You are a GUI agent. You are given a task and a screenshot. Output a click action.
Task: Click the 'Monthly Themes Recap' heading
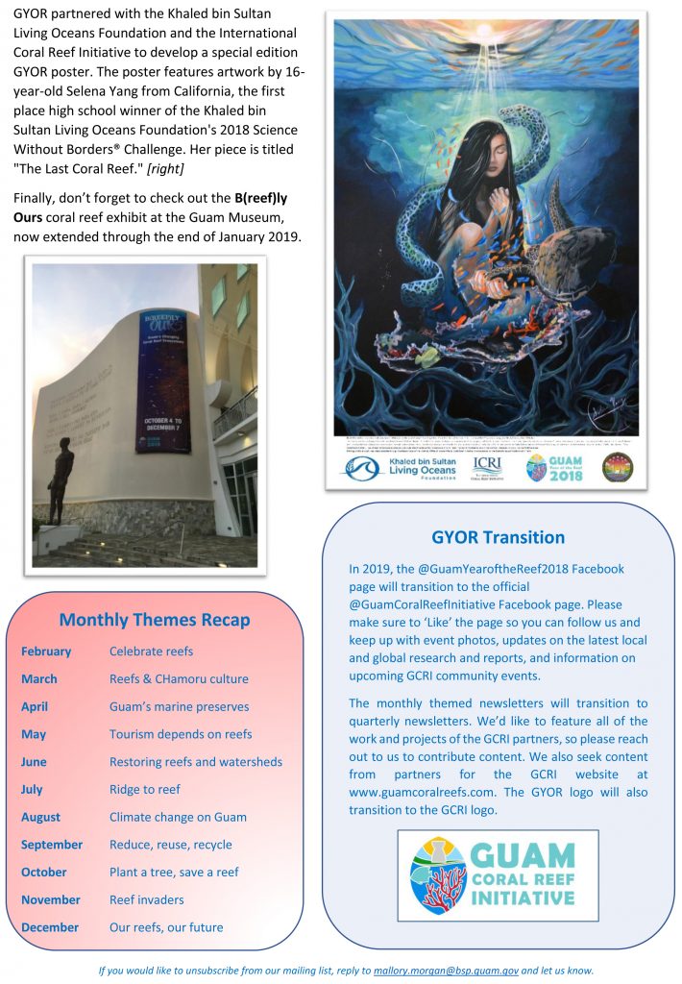pyautogui.click(x=155, y=620)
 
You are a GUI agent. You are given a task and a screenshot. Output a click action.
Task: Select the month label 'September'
pyautogui.click(x=52, y=845)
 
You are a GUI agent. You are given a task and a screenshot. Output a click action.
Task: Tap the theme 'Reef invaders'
pyautogui.click(x=146, y=900)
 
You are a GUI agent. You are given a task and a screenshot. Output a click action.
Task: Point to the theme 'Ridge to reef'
pyautogui.click(x=144, y=789)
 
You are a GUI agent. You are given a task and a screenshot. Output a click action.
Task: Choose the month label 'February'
pyautogui.click(x=46, y=651)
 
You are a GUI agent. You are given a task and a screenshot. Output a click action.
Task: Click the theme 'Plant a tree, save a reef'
pyautogui.click(x=174, y=873)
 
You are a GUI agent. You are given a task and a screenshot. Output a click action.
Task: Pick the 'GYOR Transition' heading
pyautogui.click(x=498, y=537)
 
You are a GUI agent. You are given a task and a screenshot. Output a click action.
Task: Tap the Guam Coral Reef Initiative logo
pyautogui.click(x=498, y=874)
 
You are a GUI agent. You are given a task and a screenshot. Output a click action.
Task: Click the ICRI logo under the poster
pyautogui.click(x=486, y=467)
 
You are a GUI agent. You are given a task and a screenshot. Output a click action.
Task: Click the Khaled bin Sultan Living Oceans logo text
pyautogui.click(x=419, y=468)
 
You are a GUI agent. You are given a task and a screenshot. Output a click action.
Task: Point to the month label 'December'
pyautogui.click(x=50, y=928)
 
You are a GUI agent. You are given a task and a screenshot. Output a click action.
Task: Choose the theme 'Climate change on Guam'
pyautogui.click(x=178, y=817)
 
